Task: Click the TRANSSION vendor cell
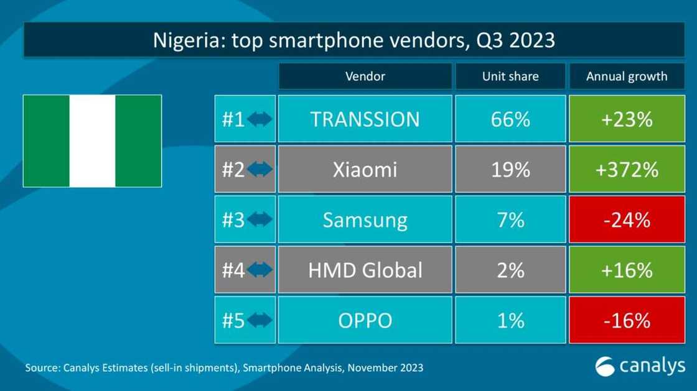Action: click(x=365, y=119)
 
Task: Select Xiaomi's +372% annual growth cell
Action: click(x=626, y=169)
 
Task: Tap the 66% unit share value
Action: click(x=510, y=119)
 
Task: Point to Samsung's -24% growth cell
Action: click(x=626, y=219)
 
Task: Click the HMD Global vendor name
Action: click(x=365, y=270)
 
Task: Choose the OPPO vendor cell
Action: click(x=365, y=320)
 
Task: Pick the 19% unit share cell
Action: click(x=510, y=169)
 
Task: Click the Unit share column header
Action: click(x=510, y=76)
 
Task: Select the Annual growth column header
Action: click(x=626, y=76)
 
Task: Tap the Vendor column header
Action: click(x=365, y=76)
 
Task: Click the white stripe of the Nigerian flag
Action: click(x=92, y=141)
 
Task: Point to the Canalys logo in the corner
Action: click(x=639, y=366)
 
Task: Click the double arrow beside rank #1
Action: click(x=260, y=119)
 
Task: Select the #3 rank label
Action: click(x=233, y=219)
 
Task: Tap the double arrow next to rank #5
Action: click(x=260, y=320)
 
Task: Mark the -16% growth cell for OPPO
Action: click(x=626, y=320)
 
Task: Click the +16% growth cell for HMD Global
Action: click(x=626, y=270)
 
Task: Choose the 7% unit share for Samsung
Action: click(x=510, y=219)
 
